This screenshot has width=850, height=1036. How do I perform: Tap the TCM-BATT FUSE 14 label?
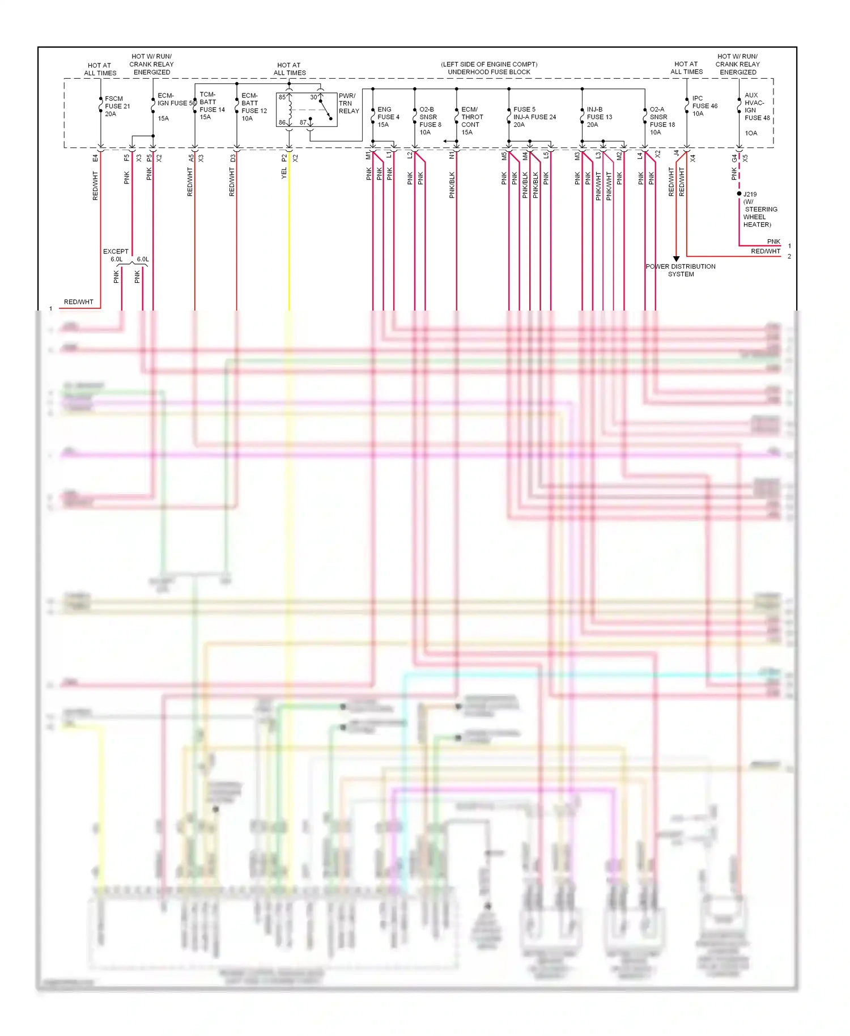[x=212, y=106]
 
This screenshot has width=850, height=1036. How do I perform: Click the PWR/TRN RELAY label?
[x=348, y=104]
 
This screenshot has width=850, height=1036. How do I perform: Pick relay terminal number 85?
[x=282, y=97]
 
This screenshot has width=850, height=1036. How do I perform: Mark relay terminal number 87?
[x=303, y=122]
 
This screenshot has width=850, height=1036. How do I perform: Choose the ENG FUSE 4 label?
[x=388, y=117]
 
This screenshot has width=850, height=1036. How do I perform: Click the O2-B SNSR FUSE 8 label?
[x=430, y=121]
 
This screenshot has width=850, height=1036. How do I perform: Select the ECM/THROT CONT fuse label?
[x=471, y=121]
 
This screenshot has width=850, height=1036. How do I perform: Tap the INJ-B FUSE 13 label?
[x=599, y=117]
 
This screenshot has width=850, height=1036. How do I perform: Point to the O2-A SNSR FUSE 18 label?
[x=662, y=121]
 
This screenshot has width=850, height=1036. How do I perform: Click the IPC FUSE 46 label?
[x=704, y=106]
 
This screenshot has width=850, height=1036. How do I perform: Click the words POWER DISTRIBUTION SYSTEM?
[x=681, y=270]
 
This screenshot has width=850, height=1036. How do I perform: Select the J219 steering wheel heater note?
[x=759, y=210]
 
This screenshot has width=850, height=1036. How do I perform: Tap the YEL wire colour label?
[x=284, y=173]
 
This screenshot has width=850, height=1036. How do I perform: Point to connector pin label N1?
[x=452, y=155]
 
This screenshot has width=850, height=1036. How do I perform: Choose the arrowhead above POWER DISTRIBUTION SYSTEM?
[x=676, y=258]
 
